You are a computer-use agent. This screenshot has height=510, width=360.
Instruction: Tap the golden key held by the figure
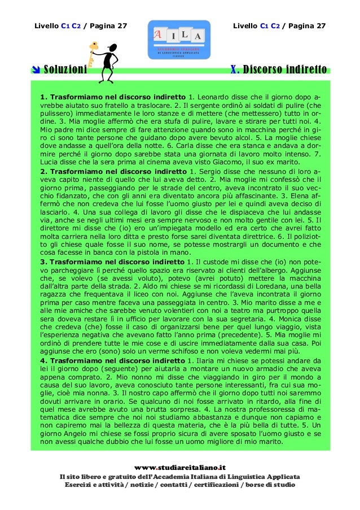pyautogui.click(x=90, y=53)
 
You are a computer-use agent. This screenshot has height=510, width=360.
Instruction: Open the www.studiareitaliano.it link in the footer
pyautogui.click(x=180, y=467)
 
